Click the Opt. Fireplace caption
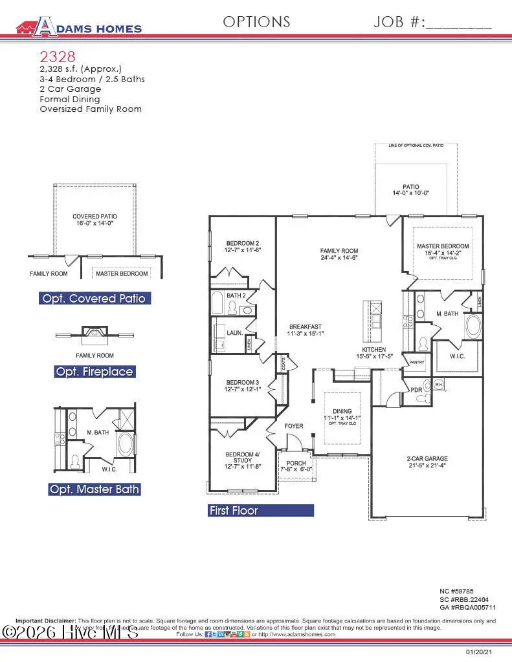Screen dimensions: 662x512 95,372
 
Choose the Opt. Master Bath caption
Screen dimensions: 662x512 95,489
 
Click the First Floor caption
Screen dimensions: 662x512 234,511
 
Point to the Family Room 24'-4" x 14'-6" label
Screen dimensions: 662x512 339,254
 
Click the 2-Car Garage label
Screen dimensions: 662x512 427,462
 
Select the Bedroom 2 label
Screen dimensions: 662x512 242,246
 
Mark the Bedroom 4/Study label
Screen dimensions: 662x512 242,462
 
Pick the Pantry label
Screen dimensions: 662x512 416,362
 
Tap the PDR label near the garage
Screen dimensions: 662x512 416,390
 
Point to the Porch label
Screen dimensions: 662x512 296,466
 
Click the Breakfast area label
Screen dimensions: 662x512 306,330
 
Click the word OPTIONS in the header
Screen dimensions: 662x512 256,22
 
